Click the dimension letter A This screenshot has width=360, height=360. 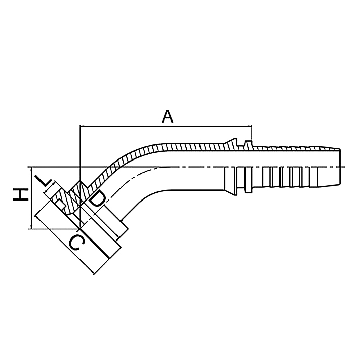pyautogui.click(x=167, y=116)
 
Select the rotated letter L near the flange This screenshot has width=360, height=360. pyautogui.click(x=45, y=182)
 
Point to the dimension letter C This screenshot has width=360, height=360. pyautogui.click(x=76, y=243)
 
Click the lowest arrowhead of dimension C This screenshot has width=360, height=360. pyautogui.click(x=93, y=272)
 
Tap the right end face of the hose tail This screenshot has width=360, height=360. pyautogui.click(x=339, y=167)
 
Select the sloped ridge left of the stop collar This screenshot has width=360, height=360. pyautogui.click(x=232, y=142)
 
